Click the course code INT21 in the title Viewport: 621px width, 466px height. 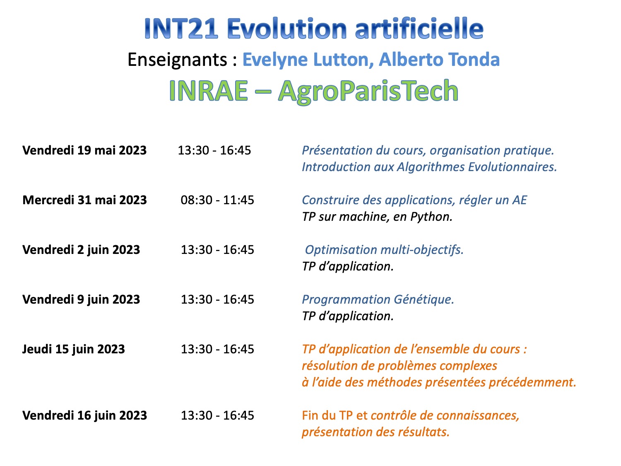coord(181,28)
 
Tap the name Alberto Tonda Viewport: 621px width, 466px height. coord(439,59)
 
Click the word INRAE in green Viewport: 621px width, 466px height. coord(209,91)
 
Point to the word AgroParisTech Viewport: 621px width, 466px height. coord(368,92)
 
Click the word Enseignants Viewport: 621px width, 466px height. coord(177,60)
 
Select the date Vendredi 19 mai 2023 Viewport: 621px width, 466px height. coord(84,150)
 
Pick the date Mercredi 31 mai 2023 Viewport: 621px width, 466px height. coord(84,200)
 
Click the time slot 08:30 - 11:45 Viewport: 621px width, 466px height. coord(217,200)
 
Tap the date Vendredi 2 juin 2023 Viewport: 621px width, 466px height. coord(81,250)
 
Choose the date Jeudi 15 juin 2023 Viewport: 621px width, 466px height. coord(74,349)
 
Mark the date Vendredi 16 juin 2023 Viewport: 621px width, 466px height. coord(84,415)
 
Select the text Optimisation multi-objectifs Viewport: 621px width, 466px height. coord(384,250)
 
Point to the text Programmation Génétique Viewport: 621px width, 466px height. coord(378,299)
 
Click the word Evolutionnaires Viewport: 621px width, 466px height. coord(513,167)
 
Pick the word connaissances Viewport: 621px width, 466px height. coord(478,415)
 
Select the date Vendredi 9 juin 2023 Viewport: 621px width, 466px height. coord(81,299)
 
